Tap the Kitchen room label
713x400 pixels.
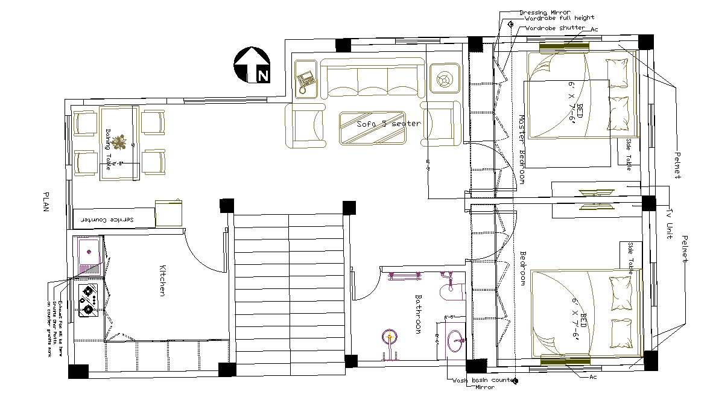click(162, 281)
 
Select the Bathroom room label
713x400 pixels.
click(418, 314)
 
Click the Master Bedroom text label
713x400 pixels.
click(521, 149)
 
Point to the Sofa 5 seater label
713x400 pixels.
click(388, 123)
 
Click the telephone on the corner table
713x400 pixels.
click(306, 79)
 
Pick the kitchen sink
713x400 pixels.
click(88, 250)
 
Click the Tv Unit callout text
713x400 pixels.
click(669, 224)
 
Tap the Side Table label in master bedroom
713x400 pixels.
click(629, 153)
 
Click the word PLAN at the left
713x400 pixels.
click(46, 202)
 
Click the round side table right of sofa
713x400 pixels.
click(445, 79)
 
